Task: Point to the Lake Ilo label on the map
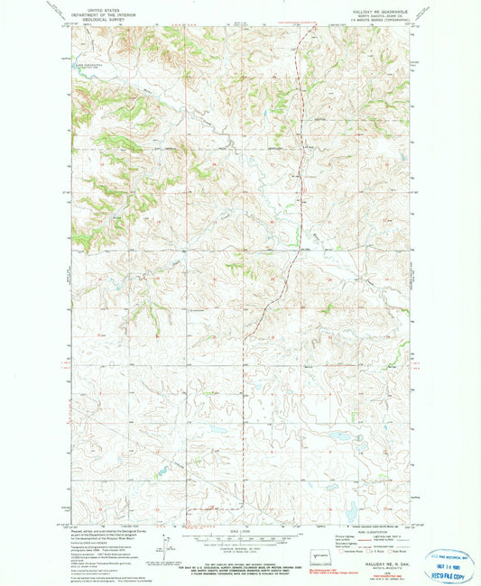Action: (x=87, y=64)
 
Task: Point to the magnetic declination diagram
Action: (x=164, y=545)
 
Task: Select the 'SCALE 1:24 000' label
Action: (x=242, y=530)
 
